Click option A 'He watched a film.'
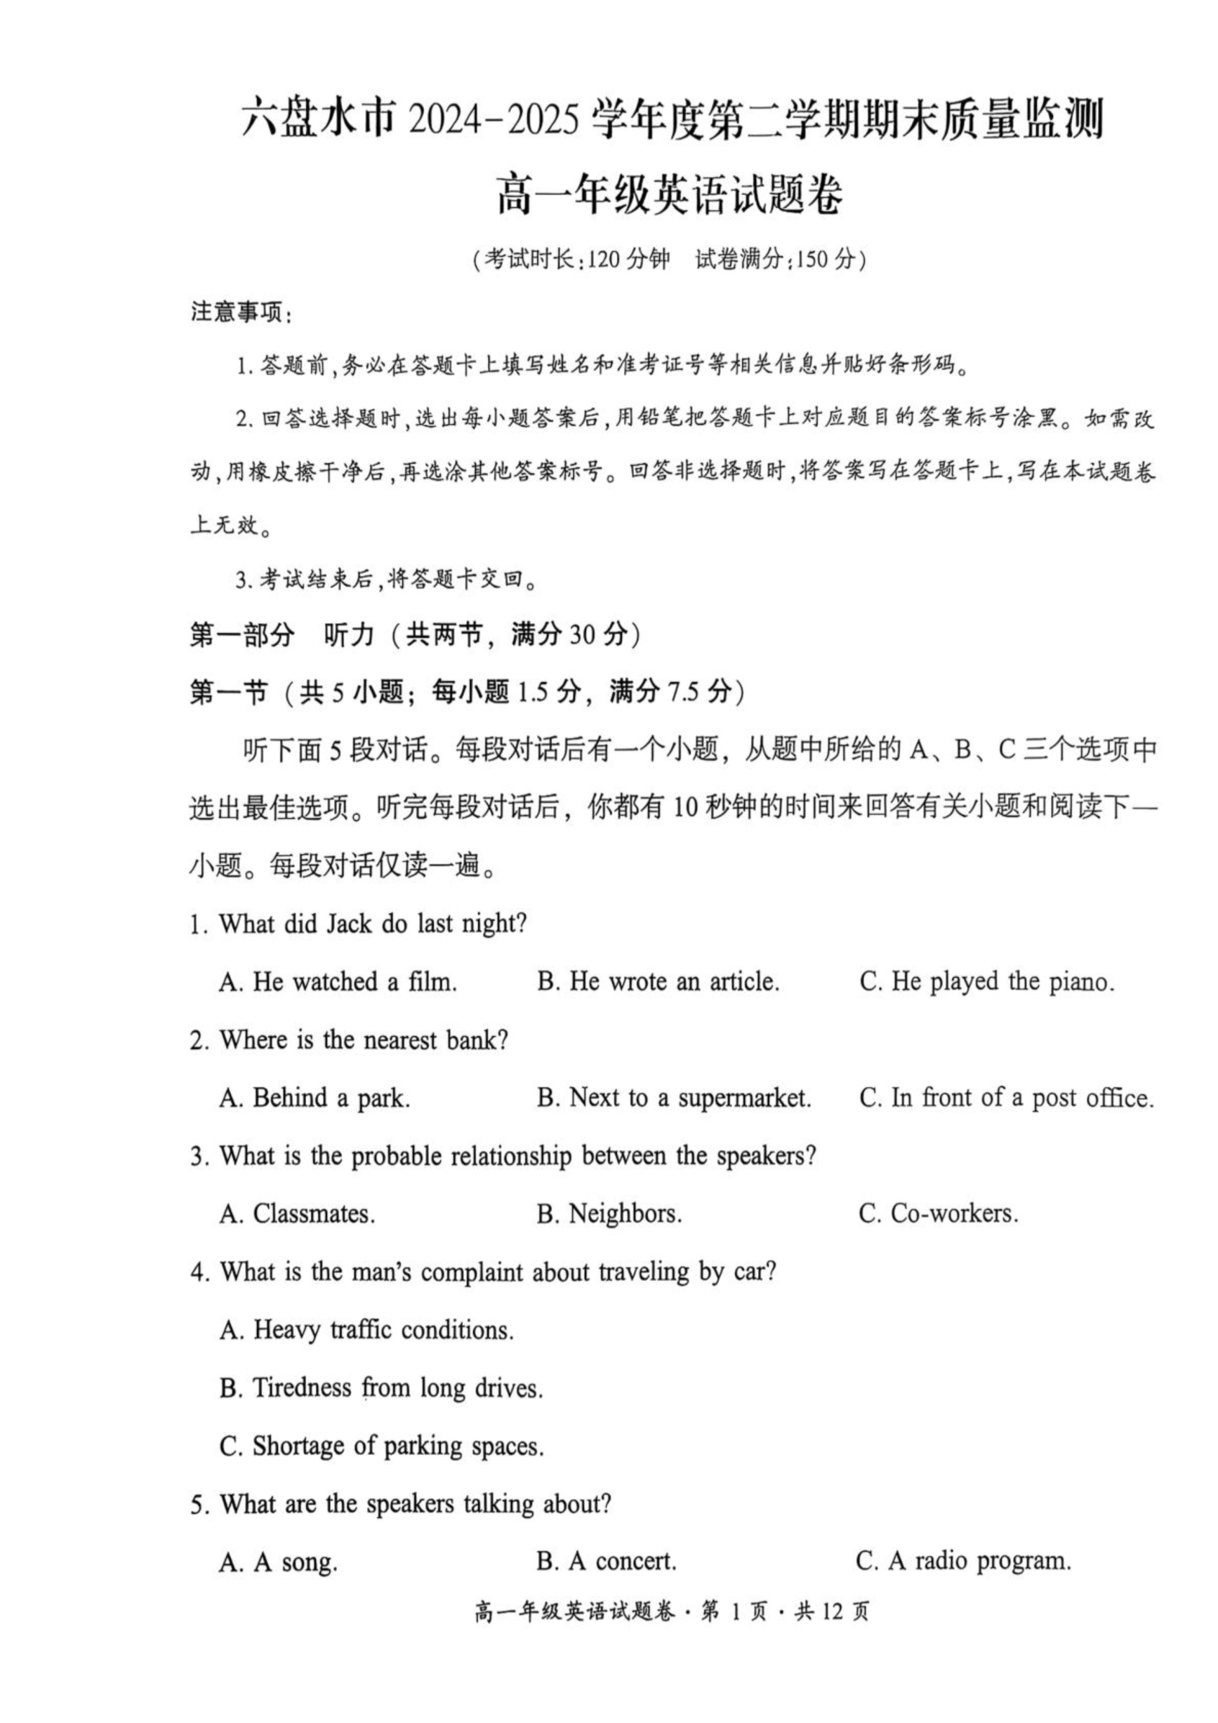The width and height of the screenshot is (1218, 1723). pos(338,982)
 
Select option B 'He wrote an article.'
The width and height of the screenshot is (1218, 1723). pos(658,982)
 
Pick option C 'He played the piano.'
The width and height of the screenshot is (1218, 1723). pos(986,982)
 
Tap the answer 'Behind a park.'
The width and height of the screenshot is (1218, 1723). pos(315,1098)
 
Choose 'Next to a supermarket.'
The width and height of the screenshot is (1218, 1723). pos(674,1098)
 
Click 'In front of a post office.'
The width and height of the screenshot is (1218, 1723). pos(1005,1098)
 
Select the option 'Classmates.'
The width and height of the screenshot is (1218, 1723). pos(297,1213)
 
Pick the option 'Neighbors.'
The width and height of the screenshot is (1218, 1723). pos(609,1213)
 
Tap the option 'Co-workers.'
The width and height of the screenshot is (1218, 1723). pos(938,1213)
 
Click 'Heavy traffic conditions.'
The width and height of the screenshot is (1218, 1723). pos(366,1330)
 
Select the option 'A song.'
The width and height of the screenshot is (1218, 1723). pos(279,1562)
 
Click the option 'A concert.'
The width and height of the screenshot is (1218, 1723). pos(607,1562)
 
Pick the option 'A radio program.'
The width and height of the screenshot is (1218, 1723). pos(963,1562)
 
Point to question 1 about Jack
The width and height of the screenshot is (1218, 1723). pos(358,924)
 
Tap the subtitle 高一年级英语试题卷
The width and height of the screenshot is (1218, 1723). pos(670,194)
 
